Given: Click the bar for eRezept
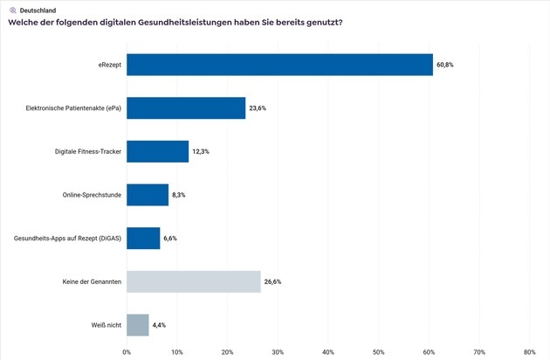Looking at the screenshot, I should coord(279,65).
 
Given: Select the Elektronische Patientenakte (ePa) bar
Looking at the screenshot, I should coord(186,107).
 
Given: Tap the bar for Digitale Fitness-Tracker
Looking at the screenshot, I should coord(157,151).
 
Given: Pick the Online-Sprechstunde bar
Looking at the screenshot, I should coord(148,194).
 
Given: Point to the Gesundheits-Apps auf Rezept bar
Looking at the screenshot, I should coord(143,238).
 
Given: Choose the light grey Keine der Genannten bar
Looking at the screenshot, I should coord(193,281).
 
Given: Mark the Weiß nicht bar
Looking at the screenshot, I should coord(138,324).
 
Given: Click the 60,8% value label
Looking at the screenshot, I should coord(445,65).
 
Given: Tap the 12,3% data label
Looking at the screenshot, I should coord(201,151).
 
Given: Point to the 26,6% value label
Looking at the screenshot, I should coord(273,281).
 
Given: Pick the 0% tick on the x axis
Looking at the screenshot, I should coord(127,352).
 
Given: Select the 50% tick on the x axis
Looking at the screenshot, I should coord(378,352).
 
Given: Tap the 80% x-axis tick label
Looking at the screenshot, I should coord(529,352).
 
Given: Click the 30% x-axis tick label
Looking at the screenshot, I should coord(278,352).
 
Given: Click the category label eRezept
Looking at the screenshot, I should coord(109,65).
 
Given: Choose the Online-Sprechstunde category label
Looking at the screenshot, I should coord(91,195).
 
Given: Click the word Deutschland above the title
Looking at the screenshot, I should coord(38,10).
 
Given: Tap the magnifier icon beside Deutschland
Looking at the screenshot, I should coord(12,10).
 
